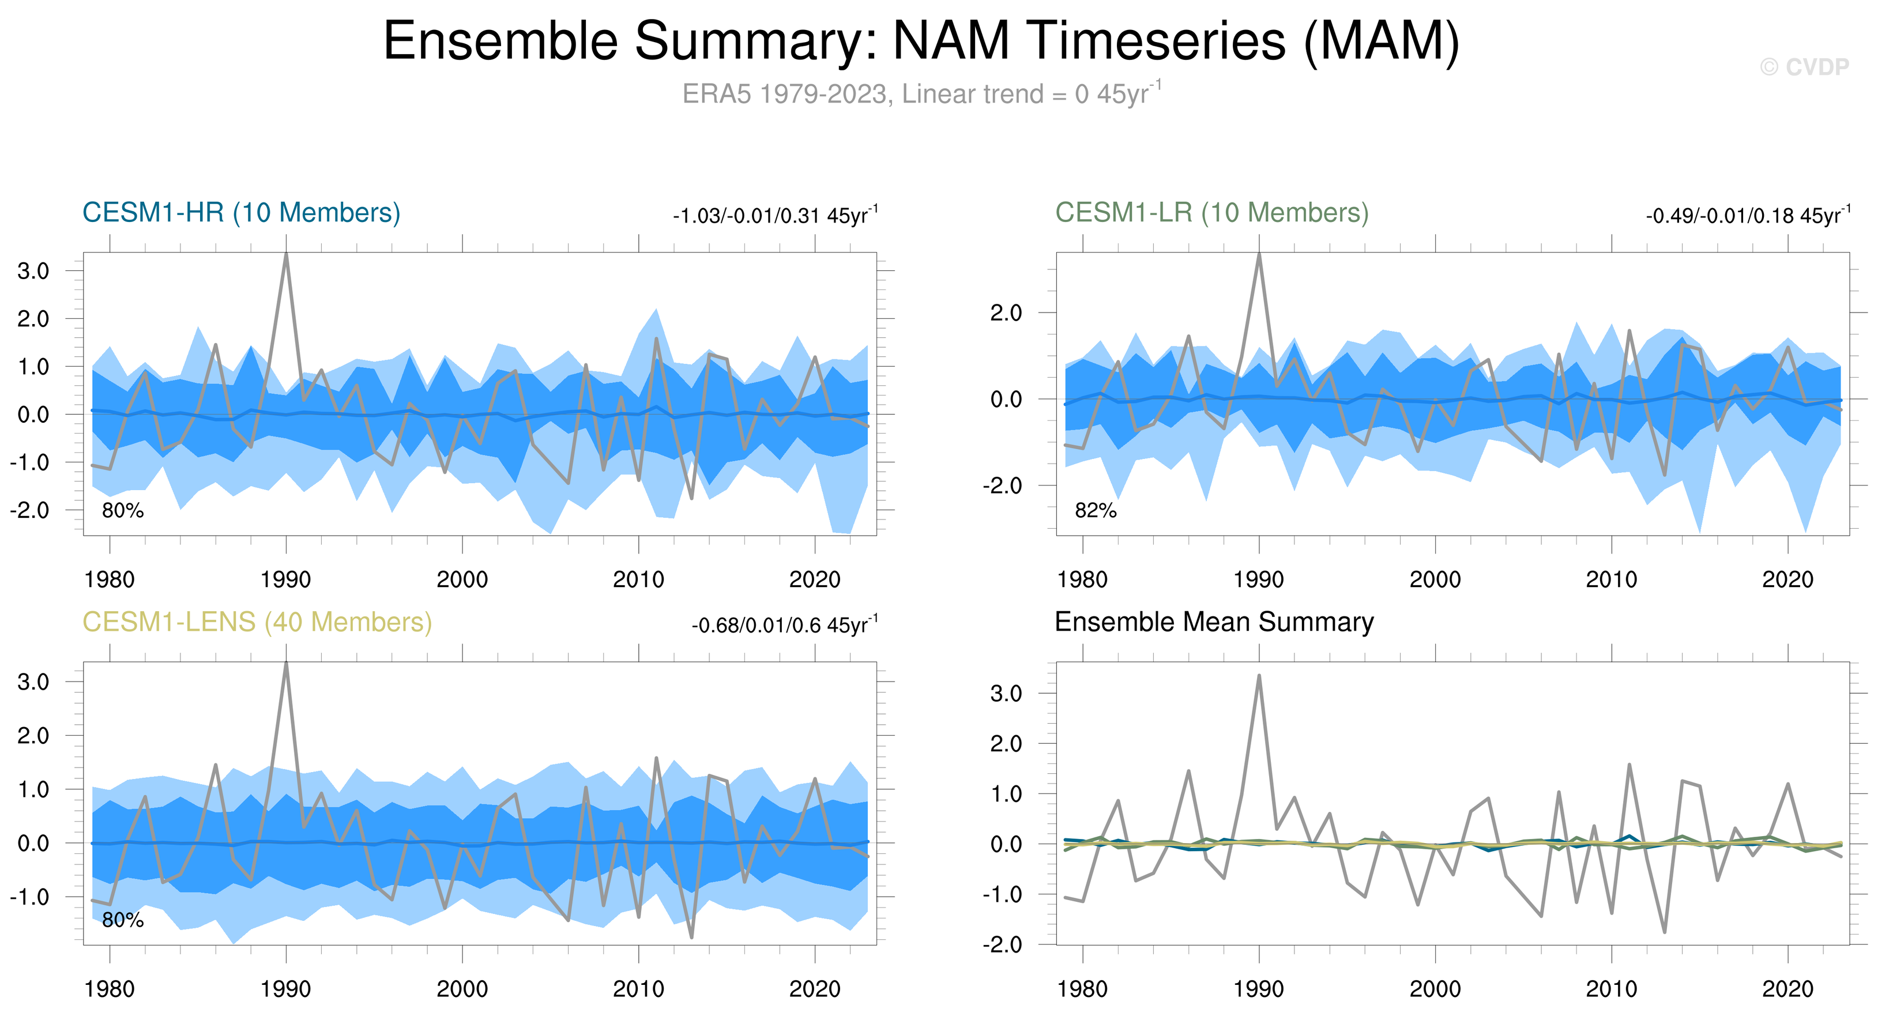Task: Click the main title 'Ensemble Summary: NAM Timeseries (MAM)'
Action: [921, 41]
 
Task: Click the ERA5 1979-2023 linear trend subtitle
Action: [921, 94]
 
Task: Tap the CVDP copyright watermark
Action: [1804, 67]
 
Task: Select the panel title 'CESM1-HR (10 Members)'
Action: [242, 212]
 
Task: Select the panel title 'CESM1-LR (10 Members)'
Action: [1211, 212]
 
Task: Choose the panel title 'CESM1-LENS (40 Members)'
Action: [257, 622]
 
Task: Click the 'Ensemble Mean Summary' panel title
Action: [1214, 622]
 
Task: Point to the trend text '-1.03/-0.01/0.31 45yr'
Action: [775, 216]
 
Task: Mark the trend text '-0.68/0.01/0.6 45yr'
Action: [784, 626]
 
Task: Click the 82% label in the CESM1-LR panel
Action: [1095, 510]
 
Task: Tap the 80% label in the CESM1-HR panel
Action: [122, 510]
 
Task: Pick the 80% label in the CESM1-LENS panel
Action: [122, 920]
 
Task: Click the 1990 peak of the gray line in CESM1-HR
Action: [286, 255]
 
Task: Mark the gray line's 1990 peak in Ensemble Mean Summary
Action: [1259, 676]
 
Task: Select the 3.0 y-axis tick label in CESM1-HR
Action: [33, 271]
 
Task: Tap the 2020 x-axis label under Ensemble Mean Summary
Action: [1787, 989]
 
